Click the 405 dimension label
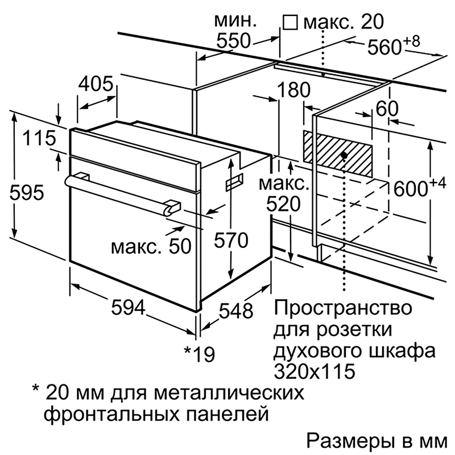coord(96,84)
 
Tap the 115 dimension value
coord(39,138)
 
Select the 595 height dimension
coord(27,192)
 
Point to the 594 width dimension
coord(128,307)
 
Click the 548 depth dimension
coord(236,311)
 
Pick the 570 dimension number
coord(231,241)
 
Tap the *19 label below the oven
coord(200,354)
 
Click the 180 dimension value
coord(293,90)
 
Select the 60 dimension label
coord(387,109)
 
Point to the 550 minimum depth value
coord(233,40)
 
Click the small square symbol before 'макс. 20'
coord(290,23)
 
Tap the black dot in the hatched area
coord(344,155)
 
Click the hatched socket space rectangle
coord(337,154)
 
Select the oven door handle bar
coord(122,195)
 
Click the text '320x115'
coord(315,371)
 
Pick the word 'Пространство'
coord(343,308)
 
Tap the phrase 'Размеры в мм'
coord(377,441)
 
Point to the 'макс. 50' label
coord(151,247)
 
